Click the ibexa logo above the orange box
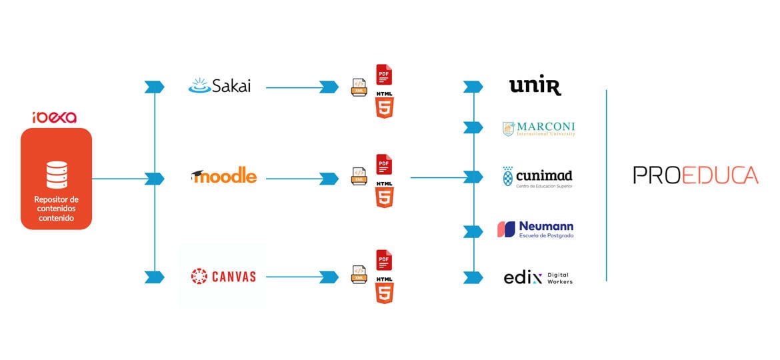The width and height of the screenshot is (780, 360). (x=55, y=118)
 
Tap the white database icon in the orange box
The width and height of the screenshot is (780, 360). (x=56, y=175)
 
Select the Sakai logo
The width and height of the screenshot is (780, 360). (x=219, y=86)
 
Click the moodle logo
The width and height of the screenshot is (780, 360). (x=223, y=177)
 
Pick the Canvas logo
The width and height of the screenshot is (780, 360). (x=223, y=276)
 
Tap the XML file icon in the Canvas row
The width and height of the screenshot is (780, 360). (x=359, y=273)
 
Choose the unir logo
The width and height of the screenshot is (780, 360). (x=535, y=85)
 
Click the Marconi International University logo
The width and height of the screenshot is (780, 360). (x=538, y=129)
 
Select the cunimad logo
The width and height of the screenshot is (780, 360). (x=537, y=177)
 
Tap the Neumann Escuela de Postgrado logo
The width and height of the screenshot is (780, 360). (x=535, y=229)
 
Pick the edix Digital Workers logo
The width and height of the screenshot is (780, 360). (x=538, y=278)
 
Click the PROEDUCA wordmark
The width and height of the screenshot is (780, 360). (x=695, y=175)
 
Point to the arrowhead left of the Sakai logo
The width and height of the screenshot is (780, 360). (x=154, y=87)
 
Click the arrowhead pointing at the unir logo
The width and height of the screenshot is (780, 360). (x=473, y=86)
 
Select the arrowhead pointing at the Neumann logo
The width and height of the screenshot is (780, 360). (x=473, y=231)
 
